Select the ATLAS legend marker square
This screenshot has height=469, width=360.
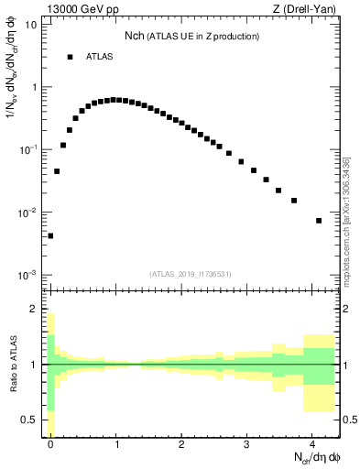70,57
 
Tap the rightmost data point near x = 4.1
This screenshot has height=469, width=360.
319,221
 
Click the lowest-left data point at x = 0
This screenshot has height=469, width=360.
50,235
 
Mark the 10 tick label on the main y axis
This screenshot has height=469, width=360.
31,25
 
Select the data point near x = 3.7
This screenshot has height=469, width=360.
293,201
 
